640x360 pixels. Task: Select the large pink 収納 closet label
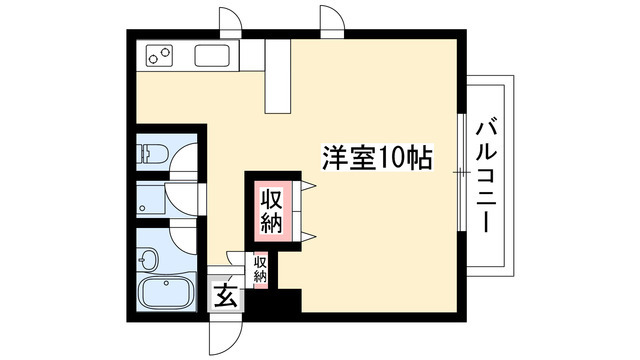(271, 209)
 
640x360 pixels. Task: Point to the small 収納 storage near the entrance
(260, 269)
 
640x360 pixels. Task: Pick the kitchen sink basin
(213, 55)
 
